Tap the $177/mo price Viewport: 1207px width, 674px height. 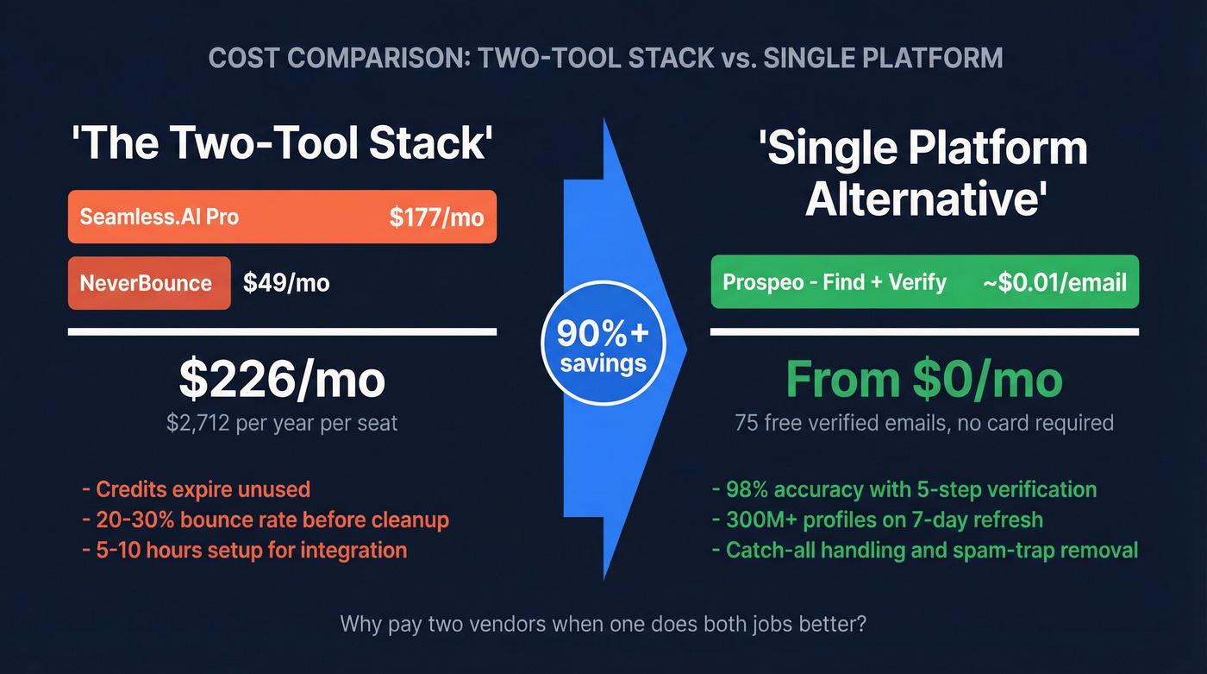click(436, 217)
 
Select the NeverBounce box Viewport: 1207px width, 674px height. click(148, 283)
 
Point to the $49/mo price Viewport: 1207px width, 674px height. click(286, 283)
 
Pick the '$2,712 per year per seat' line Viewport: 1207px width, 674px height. click(282, 423)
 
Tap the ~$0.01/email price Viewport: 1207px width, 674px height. click(1054, 282)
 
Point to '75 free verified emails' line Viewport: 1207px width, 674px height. click(924, 423)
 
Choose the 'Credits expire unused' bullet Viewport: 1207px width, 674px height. click(196, 489)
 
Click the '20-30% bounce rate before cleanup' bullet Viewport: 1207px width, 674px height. click(266, 520)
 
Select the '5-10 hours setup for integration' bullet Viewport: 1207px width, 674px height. click(244, 550)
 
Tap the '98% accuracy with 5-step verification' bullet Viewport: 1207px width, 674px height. click(904, 489)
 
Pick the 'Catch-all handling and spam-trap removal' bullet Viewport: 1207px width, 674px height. click(925, 550)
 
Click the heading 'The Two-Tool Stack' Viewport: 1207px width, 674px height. click(282, 144)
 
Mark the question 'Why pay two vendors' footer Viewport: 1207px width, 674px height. click(603, 623)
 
